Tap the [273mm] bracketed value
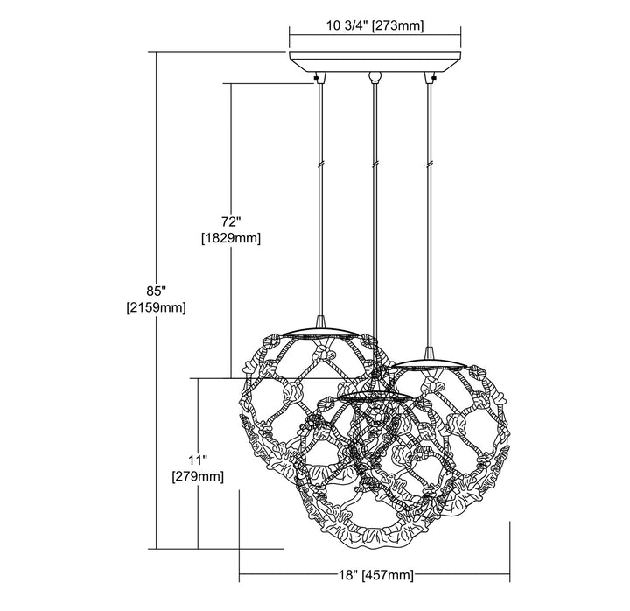(x=398, y=26)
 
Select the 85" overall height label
(x=157, y=291)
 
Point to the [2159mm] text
(x=157, y=308)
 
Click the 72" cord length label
(x=231, y=221)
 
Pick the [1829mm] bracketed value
(x=231, y=238)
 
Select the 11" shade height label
(x=198, y=460)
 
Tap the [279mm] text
(x=198, y=477)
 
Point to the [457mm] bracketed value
(x=388, y=575)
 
